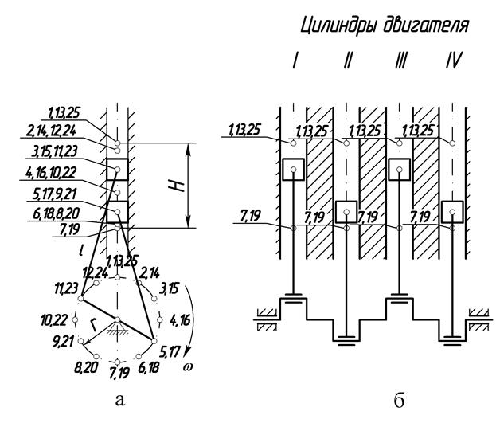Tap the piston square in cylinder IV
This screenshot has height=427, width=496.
click(x=452, y=212)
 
